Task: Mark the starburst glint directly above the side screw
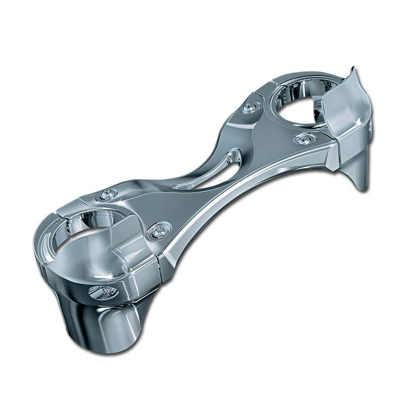(x=110, y=277)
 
